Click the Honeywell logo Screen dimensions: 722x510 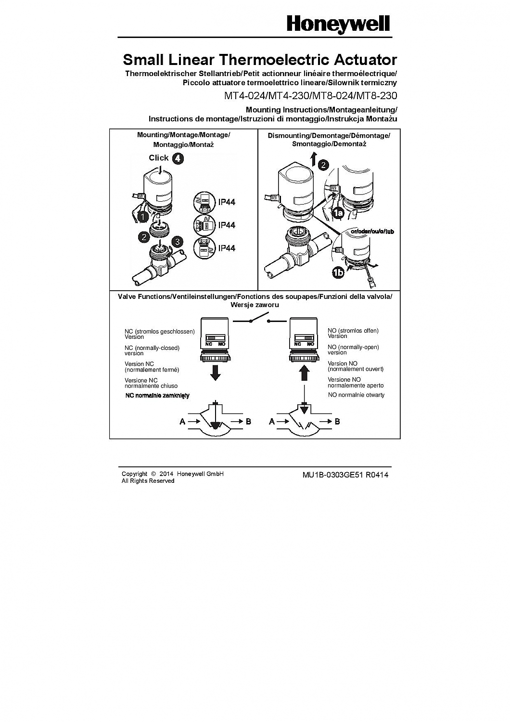tap(338, 24)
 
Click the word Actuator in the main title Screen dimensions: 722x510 tap(365, 60)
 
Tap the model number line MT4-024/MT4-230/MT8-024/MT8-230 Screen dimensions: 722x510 tap(310, 95)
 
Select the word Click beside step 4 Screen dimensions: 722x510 tap(158, 157)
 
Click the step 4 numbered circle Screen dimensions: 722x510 tap(178, 158)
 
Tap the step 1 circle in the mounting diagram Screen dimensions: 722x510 tap(143, 217)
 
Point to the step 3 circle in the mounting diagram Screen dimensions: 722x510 tap(178, 241)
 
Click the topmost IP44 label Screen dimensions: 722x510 tap(227, 202)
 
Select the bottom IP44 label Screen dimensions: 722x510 tap(227, 248)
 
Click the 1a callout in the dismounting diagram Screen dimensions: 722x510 tap(337, 212)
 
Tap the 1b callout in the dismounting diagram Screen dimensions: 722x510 tap(338, 273)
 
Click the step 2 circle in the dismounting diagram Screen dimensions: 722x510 tap(323, 165)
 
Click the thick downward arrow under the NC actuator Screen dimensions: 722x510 tap(216, 372)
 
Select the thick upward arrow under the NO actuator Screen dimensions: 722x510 tap(304, 372)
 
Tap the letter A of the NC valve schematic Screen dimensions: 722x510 tap(182, 422)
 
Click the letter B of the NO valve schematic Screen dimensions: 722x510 tap(337, 422)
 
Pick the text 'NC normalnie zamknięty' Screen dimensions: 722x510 tap(157, 395)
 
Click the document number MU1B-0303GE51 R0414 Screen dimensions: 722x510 tap(345, 475)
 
